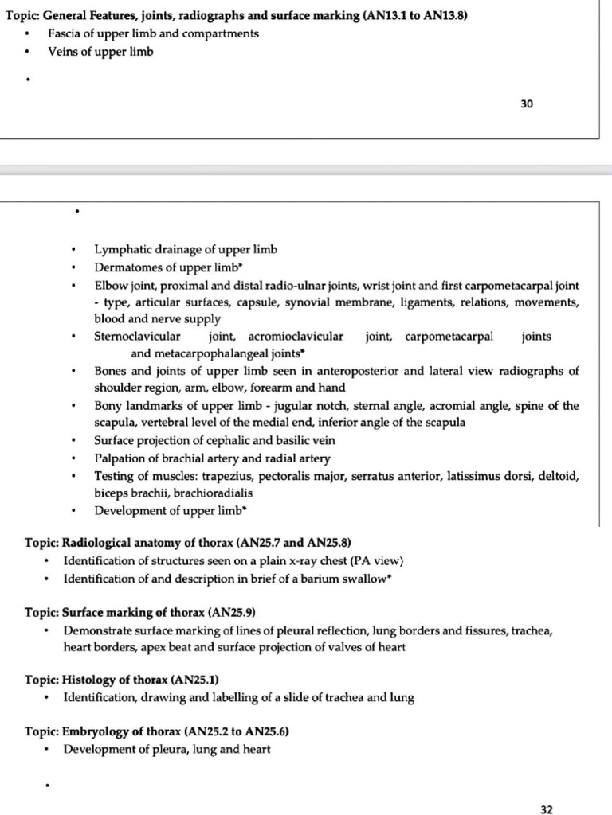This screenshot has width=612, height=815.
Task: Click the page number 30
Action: (527, 103)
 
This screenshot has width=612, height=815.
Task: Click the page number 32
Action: (546, 809)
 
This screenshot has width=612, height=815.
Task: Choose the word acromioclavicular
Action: (296, 336)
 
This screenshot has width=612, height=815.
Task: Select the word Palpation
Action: (120, 458)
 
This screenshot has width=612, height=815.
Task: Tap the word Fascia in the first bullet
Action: (64, 33)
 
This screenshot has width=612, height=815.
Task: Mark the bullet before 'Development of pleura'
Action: (49, 750)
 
